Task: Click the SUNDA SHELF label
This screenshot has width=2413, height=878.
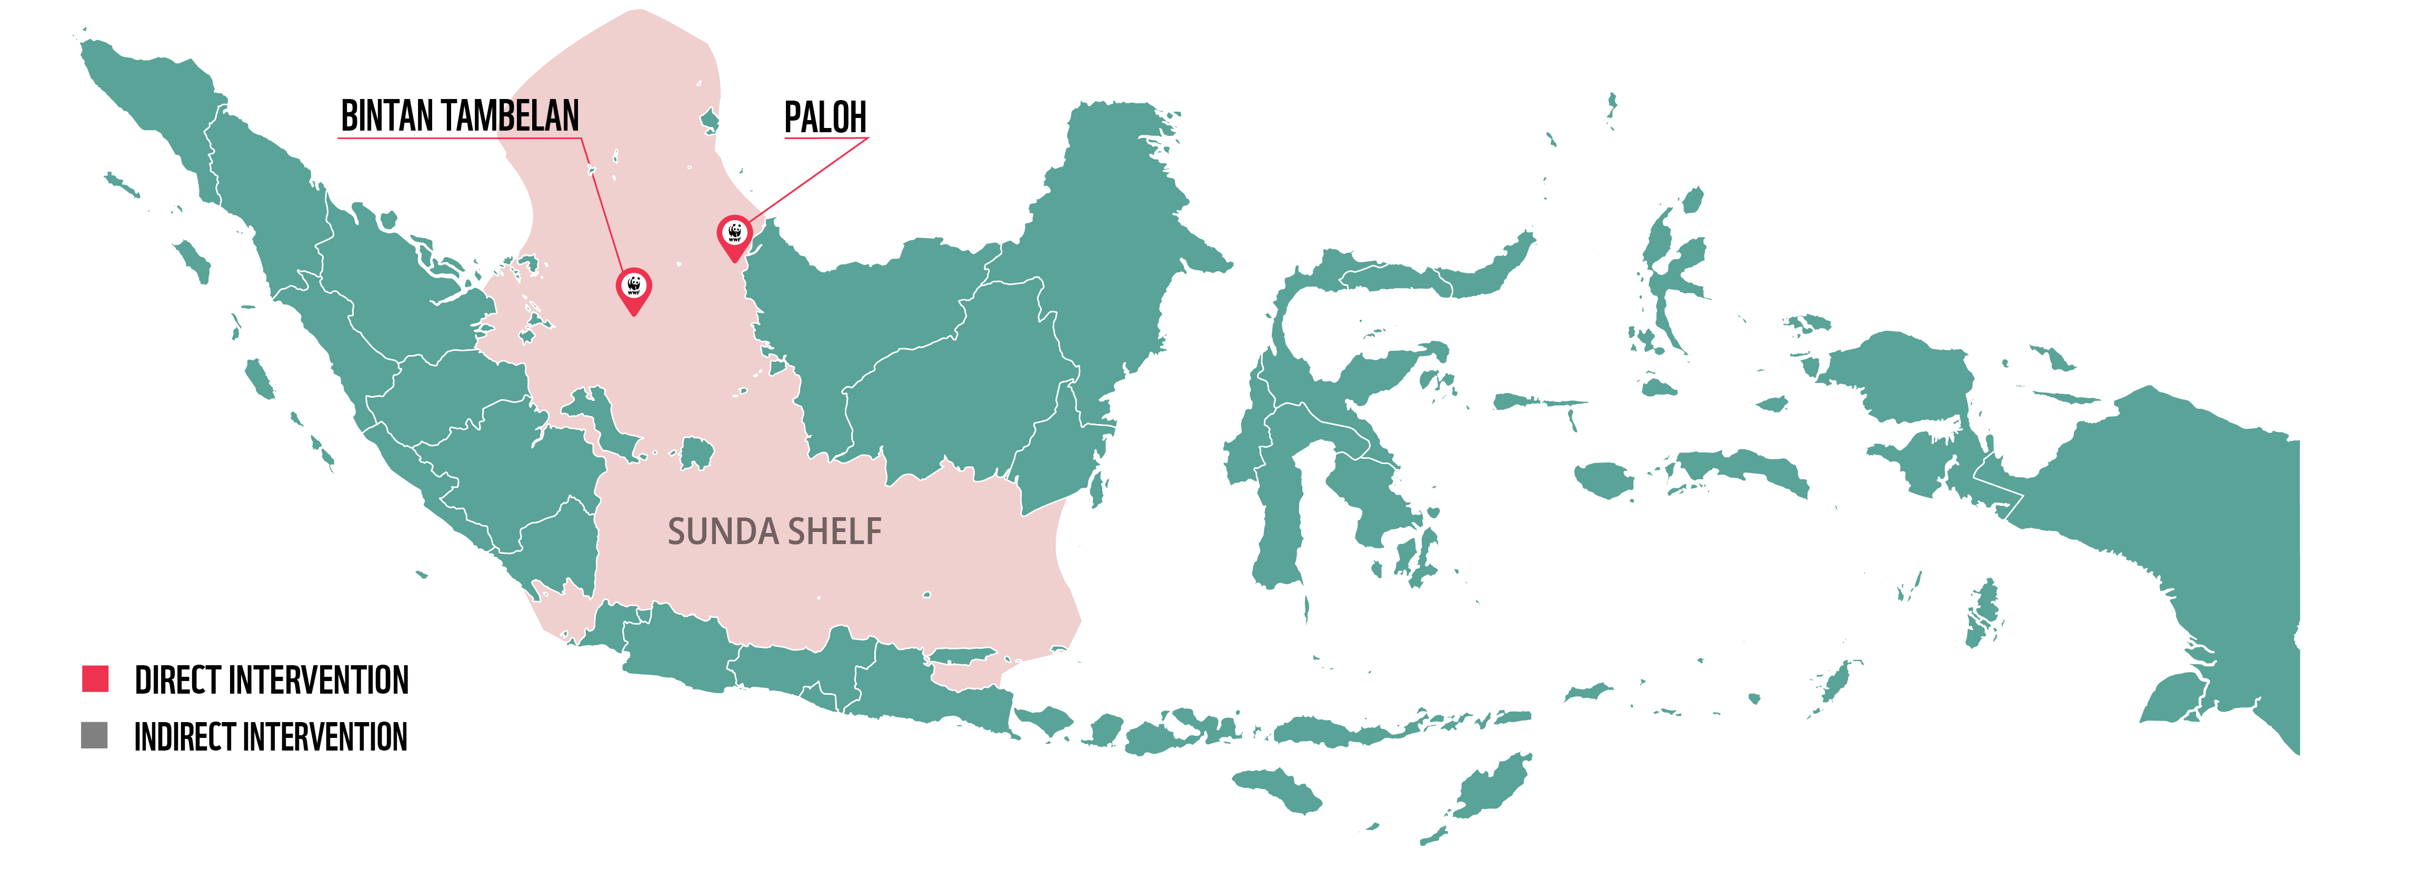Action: click(774, 531)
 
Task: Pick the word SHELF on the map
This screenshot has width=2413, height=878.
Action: click(834, 531)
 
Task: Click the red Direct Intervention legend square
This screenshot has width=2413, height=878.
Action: click(96, 678)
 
